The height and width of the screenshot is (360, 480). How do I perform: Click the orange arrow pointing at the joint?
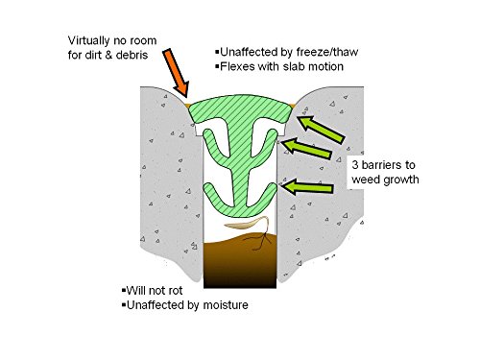point(176,73)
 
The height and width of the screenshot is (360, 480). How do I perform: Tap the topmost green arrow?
point(321,130)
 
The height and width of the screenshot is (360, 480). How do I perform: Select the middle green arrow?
point(306,148)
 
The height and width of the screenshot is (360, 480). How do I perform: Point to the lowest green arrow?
point(307,187)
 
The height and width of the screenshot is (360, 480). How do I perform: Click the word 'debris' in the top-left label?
point(132,55)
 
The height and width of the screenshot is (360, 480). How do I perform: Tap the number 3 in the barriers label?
point(355,165)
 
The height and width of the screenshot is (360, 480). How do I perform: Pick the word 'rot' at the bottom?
point(175,291)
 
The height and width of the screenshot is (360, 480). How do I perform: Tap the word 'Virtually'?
point(88,40)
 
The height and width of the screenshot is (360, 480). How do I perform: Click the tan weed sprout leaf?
point(245,224)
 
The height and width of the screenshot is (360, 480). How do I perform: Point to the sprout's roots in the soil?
point(259,241)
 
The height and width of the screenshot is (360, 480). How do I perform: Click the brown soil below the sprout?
point(240,261)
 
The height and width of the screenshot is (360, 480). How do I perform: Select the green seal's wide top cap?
point(240,108)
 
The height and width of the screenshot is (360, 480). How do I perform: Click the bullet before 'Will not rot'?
point(124,291)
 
